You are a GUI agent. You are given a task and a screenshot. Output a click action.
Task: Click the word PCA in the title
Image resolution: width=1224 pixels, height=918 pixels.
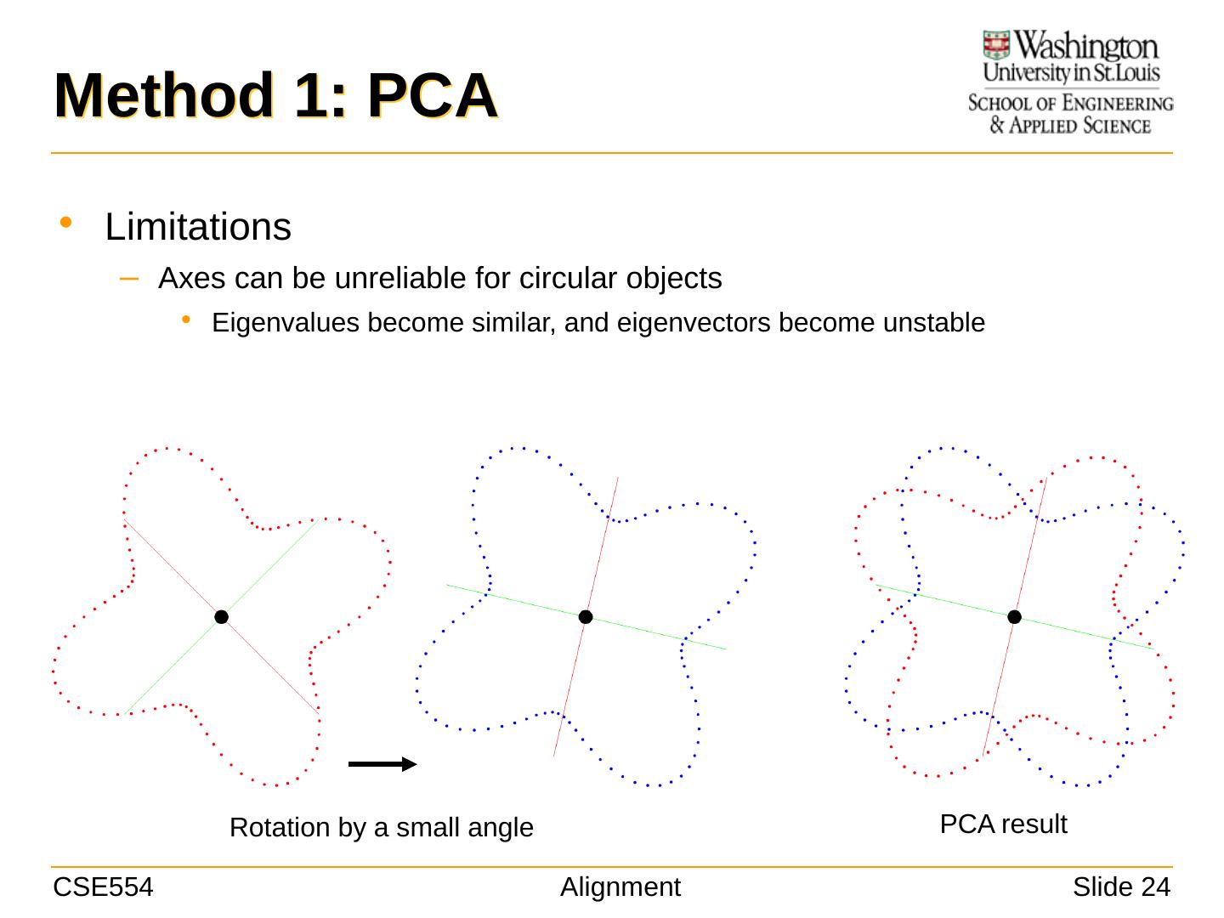click(x=431, y=96)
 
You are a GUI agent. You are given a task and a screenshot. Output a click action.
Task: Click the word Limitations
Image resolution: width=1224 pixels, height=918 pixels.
click(x=198, y=227)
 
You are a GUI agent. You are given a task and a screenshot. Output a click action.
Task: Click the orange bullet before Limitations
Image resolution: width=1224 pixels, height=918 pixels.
click(x=66, y=223)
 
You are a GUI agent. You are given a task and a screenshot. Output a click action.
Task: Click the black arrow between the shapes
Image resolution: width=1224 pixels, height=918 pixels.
click(x=382, y=764)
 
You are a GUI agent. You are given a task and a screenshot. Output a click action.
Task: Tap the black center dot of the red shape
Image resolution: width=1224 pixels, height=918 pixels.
click(x=221, y=617)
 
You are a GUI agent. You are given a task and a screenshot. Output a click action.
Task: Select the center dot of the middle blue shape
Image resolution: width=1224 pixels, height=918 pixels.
click(x=586, y=617)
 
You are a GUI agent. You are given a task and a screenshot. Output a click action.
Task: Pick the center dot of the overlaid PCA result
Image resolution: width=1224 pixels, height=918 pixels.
click(x=1014, y=617)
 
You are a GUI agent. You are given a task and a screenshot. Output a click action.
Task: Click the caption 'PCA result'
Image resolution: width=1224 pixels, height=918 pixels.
click(x=1003, y=824)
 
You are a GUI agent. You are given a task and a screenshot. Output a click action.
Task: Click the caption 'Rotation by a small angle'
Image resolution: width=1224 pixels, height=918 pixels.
click(x=381, y=827)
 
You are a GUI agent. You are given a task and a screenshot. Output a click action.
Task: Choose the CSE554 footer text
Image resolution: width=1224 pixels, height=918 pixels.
click(x=103, y=887)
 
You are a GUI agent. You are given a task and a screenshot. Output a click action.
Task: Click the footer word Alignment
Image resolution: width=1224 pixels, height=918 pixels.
click(x=620, y=887)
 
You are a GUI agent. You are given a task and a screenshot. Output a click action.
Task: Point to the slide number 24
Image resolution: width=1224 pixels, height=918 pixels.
click(x=1155, y=887)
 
